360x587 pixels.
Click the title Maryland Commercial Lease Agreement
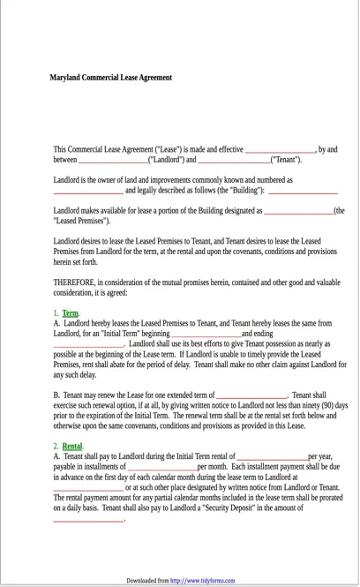(x=110, y=78)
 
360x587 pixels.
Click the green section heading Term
(x=71, y=313)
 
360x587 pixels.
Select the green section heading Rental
(x=72, y=447)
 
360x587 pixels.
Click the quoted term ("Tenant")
(x=285, y=160)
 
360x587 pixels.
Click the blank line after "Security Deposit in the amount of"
(x=88, y=519)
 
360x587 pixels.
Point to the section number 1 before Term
(x=56, y=313)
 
